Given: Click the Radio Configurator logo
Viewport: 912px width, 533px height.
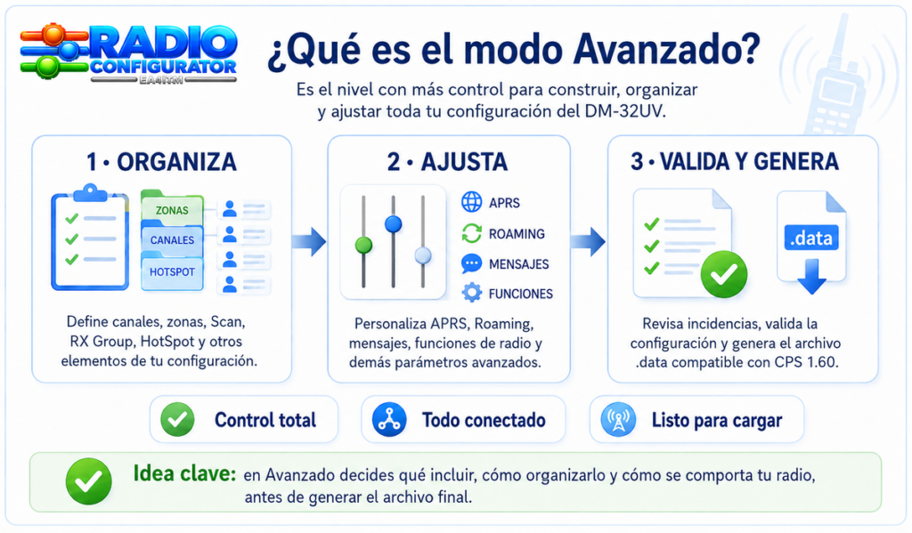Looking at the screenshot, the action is coord(128,53).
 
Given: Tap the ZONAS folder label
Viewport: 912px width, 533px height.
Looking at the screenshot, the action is coord(172,210).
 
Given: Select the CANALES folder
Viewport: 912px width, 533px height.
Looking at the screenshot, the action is coord(172,240).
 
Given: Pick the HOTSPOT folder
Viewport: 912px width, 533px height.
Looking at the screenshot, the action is coord(172,271).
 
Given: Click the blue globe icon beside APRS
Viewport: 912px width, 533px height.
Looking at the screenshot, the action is coord(472,202).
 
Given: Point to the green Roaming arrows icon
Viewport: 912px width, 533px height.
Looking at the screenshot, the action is coord(472,233).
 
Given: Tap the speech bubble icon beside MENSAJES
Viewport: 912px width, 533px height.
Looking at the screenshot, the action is coord(472,264).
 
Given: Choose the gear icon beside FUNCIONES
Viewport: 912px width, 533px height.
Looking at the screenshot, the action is coord(472,293).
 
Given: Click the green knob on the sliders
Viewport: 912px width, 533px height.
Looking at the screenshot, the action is coord(363,246).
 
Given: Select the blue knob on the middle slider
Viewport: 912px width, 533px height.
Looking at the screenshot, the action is coord(393,223).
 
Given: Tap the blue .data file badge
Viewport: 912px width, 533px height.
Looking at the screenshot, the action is coord(811,238).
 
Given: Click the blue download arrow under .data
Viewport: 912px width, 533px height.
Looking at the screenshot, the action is coord(812,276).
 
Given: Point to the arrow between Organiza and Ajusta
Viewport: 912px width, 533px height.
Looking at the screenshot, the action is coord(309,241).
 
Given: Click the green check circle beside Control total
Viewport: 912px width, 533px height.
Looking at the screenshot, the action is coord(177,420).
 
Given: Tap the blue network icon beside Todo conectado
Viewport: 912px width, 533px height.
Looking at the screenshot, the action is coord(389,420).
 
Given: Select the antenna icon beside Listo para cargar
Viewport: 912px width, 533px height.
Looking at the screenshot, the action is coord(618,420).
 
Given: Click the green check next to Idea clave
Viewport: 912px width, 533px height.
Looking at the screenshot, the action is coord(88,481).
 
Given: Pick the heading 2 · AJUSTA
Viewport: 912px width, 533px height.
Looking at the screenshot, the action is coord(447,162).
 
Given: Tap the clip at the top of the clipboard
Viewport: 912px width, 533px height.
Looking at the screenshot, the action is coord(90,192).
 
